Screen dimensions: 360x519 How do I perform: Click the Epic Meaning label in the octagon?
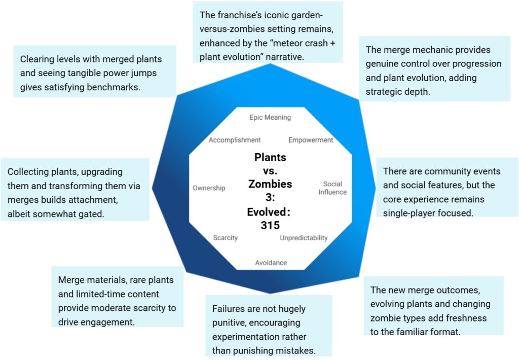[x=270, y=118]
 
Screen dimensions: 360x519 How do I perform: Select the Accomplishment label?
[x=235, y=140]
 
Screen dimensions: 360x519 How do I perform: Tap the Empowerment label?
[x=311, y=140]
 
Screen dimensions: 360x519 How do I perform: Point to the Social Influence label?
[x=332, y=188]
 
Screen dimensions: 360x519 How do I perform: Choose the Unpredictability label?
[x=304, y=238]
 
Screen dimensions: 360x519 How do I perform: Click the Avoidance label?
[x=271, y=263]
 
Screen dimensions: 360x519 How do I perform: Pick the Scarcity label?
[x=225, y=238]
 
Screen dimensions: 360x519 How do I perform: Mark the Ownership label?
[x=209, y=188]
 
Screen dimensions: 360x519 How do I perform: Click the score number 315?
[x=270, y=226]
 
